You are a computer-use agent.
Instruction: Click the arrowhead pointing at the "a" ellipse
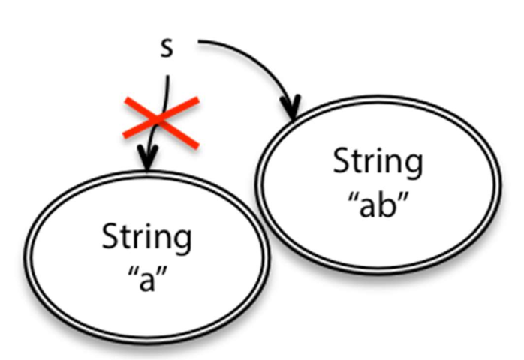148,159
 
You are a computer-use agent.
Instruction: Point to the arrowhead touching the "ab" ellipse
291,107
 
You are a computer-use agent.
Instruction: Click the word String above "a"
146,239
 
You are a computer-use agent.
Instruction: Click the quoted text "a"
147,281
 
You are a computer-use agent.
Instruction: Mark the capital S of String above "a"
109,238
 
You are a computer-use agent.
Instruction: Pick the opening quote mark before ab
349,196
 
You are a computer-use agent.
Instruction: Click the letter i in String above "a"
144,237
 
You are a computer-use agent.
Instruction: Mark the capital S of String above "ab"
340,162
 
